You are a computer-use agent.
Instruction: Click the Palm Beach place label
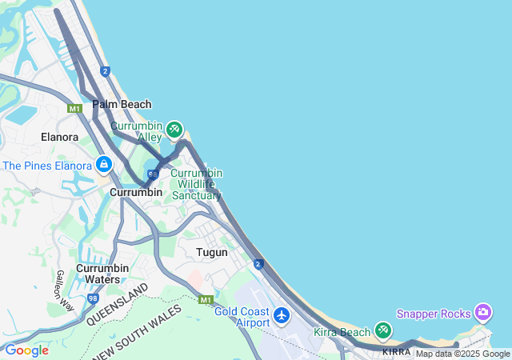coord(122,104)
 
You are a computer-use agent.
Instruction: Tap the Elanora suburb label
coord(59,137)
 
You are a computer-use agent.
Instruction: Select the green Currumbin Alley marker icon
coord(174,130)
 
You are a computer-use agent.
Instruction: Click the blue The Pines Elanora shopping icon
coord(103,166)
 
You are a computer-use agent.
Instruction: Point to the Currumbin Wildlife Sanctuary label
coord(196,184)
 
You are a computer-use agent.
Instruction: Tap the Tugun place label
coord(212,252)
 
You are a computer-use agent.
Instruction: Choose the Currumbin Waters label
coord(102,274)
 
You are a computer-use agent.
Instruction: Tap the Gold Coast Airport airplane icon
coord(281,315)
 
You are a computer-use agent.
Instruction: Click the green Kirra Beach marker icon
coord(383,330)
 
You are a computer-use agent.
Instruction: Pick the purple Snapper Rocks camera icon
coord(482,311)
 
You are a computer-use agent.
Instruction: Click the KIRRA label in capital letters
coord(396,351)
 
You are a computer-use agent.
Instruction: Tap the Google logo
coord(26,350)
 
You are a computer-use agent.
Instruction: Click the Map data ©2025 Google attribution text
coord(462,354)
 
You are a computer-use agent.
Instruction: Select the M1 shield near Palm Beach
coord(75,108)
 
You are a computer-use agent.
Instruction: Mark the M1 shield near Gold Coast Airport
coord(206,299)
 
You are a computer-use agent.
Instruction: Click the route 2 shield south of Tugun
coord(258,263)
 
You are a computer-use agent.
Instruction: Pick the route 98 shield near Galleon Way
coord(93,298)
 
